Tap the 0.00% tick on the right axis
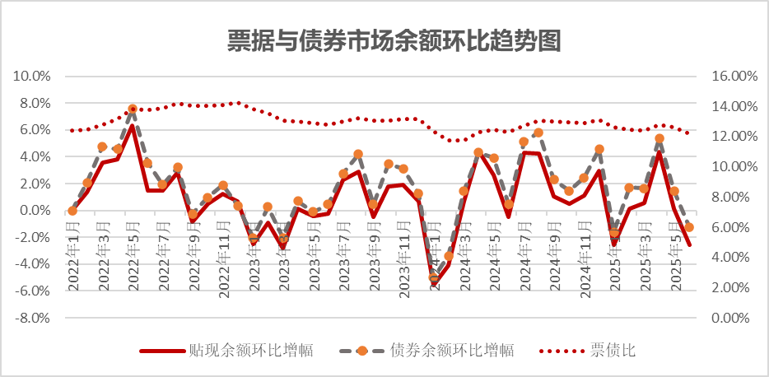click(x=735, y=318)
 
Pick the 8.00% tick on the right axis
click(x=735, y=197)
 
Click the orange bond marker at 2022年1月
click(x=72, y=211)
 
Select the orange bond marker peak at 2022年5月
click(x=133, y=109)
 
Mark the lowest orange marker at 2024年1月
click(x=434, y=278)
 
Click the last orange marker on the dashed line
click(x=689, y=227)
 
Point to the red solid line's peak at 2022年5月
click(x=133, y=126)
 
